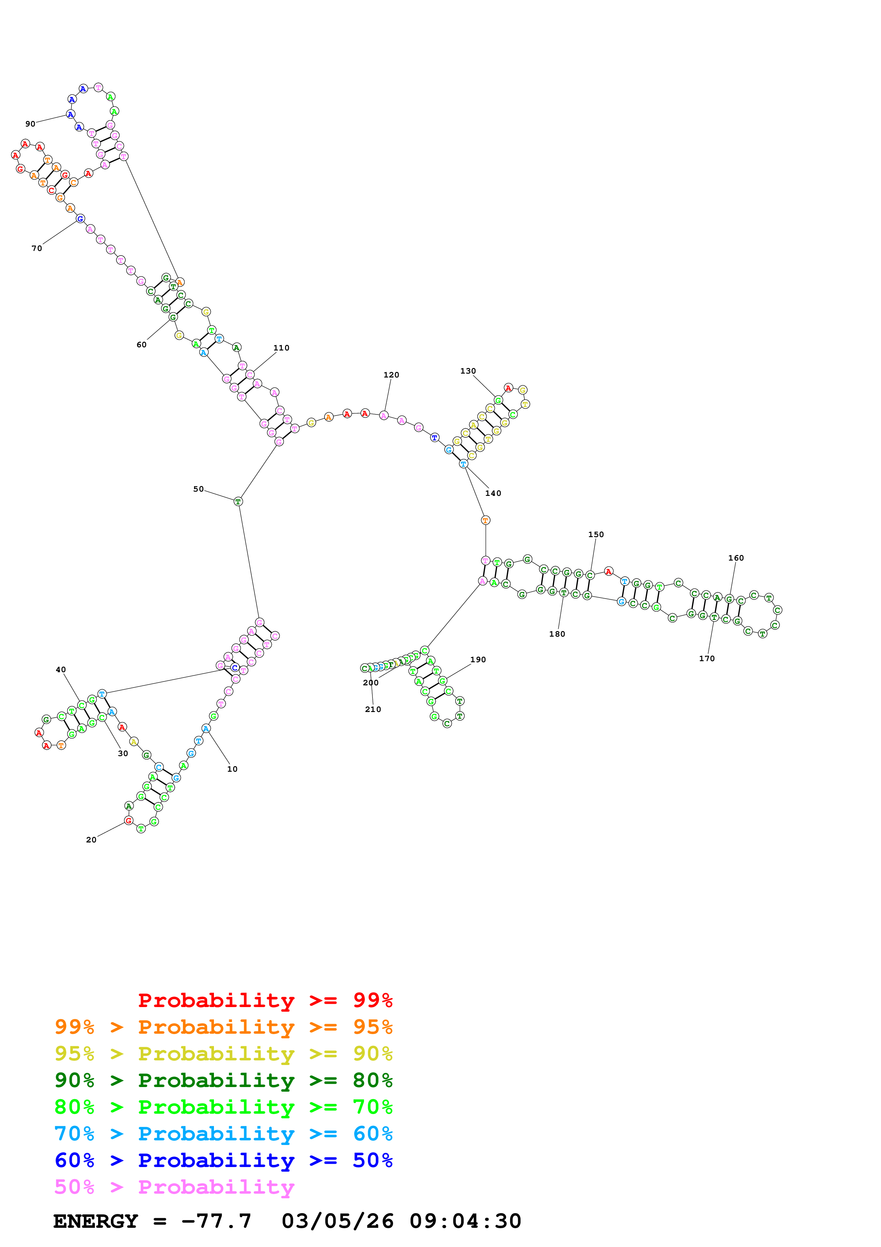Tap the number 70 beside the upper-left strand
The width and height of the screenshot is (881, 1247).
36,248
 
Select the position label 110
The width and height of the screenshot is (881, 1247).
281,348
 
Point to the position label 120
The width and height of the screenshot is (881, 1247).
391,375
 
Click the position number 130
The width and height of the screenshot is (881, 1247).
468,371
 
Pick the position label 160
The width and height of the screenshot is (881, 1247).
736,558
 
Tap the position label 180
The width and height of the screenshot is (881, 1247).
557,634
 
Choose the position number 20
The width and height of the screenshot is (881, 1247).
91,840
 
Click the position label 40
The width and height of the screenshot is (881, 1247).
61,670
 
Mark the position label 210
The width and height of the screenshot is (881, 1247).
373,709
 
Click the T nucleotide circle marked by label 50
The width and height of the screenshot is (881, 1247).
238,501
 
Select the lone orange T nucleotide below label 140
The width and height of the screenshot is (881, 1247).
485,520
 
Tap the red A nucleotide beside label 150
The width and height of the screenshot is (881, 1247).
608,571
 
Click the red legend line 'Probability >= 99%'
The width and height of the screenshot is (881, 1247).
265,1000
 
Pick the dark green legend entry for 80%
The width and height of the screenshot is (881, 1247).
223,1080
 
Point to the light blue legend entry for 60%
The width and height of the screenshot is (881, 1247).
223,1134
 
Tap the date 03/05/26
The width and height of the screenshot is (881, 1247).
337,1221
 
